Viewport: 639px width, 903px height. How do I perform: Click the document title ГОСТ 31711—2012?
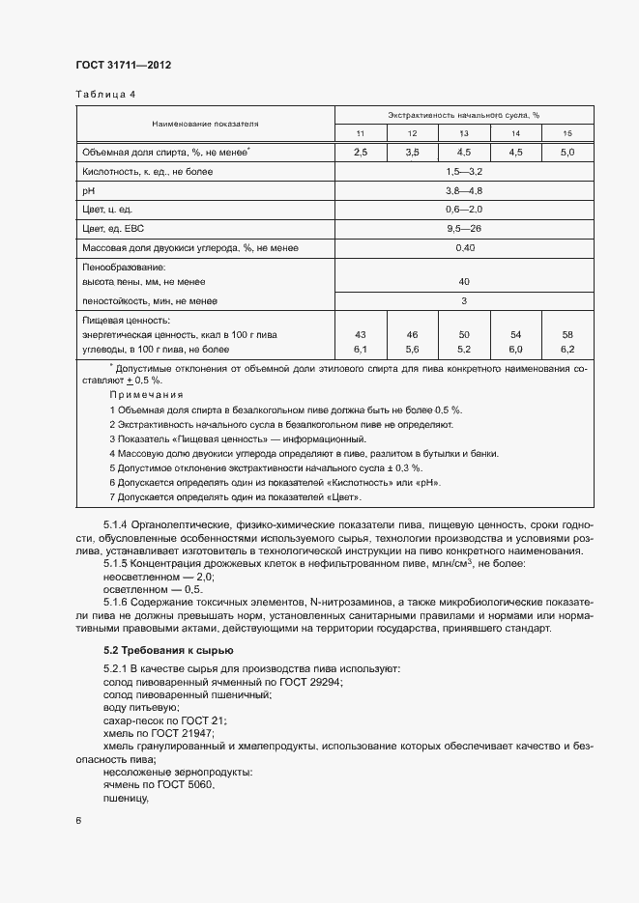click(x=123, y=65)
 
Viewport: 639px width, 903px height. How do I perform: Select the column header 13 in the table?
click(x=463, y=132)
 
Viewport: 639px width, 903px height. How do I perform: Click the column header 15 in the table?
click(x=566, y=132)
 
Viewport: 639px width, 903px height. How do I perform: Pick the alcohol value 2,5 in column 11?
click(x=361, y=153)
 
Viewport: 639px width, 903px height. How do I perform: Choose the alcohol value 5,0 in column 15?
click(x=566, y=153)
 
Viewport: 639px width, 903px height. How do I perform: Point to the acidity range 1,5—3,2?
click(x=463, y=172)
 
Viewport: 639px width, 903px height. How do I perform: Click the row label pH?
click(x=89, y=191)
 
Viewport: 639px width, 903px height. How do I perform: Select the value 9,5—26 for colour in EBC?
click(x=463, y=229)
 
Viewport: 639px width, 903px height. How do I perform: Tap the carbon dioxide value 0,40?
click(x=463, y=248)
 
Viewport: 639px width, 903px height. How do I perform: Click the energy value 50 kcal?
click(x=463, y=333)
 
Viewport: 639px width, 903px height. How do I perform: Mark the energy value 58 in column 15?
click(x=566, y=333)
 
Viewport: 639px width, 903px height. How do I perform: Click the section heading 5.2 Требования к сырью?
click(x=168, y=649)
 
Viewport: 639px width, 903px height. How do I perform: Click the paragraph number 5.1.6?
click(x=118, y=603)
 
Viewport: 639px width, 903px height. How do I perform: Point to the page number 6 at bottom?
click(x=78, y=820)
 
